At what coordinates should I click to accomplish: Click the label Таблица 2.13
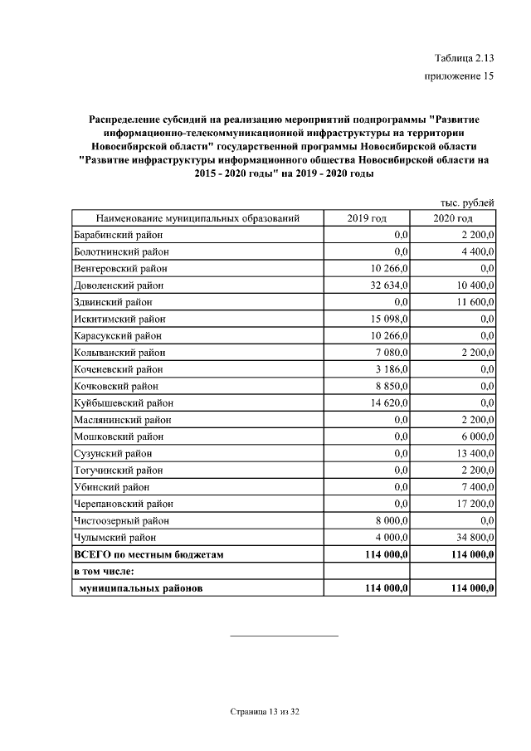click(x=464, y=57)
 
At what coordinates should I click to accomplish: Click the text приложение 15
click(x=459, y=76)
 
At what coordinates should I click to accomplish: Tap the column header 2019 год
click(x=367, y=218)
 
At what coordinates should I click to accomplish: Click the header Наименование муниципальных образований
click(x=197, y=218)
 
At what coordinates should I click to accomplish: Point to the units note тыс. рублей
click(x=467, y=202)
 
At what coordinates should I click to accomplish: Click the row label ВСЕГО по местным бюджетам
click(x=149, y=553)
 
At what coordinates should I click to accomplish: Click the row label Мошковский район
click(x=118, y=436)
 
